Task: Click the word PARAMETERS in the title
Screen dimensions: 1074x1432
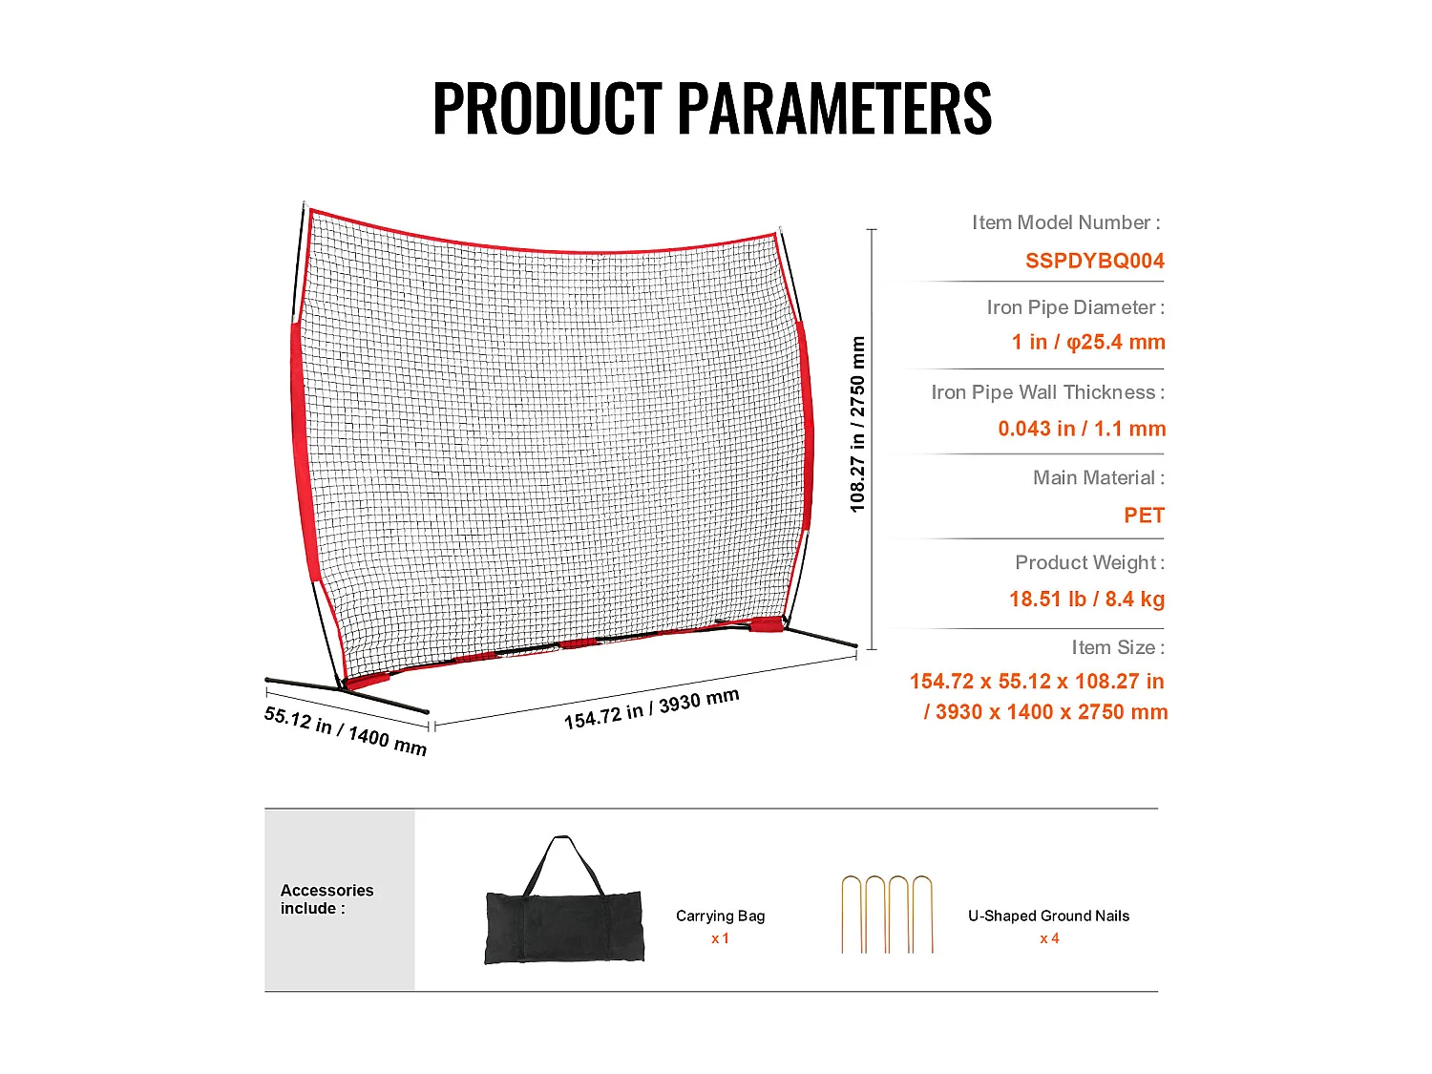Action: pyautogui.click(x=835, y=108)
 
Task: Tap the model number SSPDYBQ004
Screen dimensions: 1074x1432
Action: pyautogui.click(x=1094, y=261)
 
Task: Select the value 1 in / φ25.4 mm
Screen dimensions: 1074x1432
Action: pyautogui.click(x=1088, y=342)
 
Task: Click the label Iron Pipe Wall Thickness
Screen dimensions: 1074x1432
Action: pyautogui.click(x=1047, y=392)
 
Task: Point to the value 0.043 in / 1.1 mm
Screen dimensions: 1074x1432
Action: pyautogui.click(x=1082, y=429)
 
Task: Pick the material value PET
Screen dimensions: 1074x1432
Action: pyautogui.click(x=1144, y=516)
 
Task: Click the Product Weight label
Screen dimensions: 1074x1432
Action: pyautogui.click(x=1089, y=562)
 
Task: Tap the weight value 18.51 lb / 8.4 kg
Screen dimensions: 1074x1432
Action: pyautogui.click(x=1086, y=600)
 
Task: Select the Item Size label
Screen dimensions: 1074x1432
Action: pyautogui.click(x=1117, y=647)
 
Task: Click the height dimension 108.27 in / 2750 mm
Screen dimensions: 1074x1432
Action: pyautogui.click(x=857, y=425)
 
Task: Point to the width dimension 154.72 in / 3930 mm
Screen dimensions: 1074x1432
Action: pyautogui.click(x=651, y=709)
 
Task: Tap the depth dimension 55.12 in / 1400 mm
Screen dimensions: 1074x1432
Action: pyautogui.click(x=345, y=730)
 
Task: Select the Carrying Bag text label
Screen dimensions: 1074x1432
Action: pyautogui.click(x=720, y=916)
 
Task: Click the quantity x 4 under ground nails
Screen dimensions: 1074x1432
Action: pyautogui.click(x=1049, y=938)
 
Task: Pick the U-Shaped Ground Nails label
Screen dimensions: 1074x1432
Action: pyautogui.click(x=1048, y=916)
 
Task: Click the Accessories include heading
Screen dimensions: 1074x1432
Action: pyautogui.click(x=326, y=899)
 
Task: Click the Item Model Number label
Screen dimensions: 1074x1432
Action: pyautogui.click(x=1065, y=222)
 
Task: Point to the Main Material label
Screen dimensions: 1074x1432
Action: pyautogui.click(x=1098, y=477)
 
